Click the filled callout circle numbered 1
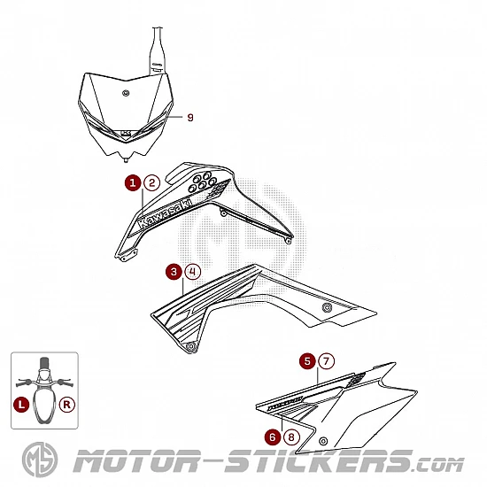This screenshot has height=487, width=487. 133,182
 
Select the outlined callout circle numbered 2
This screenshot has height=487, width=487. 152,182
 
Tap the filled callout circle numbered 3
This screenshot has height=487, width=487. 174,272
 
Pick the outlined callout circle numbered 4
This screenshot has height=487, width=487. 192,272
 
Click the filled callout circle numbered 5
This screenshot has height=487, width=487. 307,361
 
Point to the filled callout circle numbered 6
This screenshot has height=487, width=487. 273,437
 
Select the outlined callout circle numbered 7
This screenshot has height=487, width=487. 326,361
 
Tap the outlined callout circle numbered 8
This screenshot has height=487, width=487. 291,437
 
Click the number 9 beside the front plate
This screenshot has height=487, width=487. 190,118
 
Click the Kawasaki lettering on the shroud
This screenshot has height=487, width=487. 165,213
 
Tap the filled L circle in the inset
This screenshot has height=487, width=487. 21,405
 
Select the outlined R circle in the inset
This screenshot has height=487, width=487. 66,405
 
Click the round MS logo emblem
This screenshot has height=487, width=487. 40,460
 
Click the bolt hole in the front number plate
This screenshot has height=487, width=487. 126,93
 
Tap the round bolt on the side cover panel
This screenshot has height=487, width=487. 323,441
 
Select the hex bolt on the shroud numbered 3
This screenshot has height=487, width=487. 327,307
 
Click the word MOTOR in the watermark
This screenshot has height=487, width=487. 136,461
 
